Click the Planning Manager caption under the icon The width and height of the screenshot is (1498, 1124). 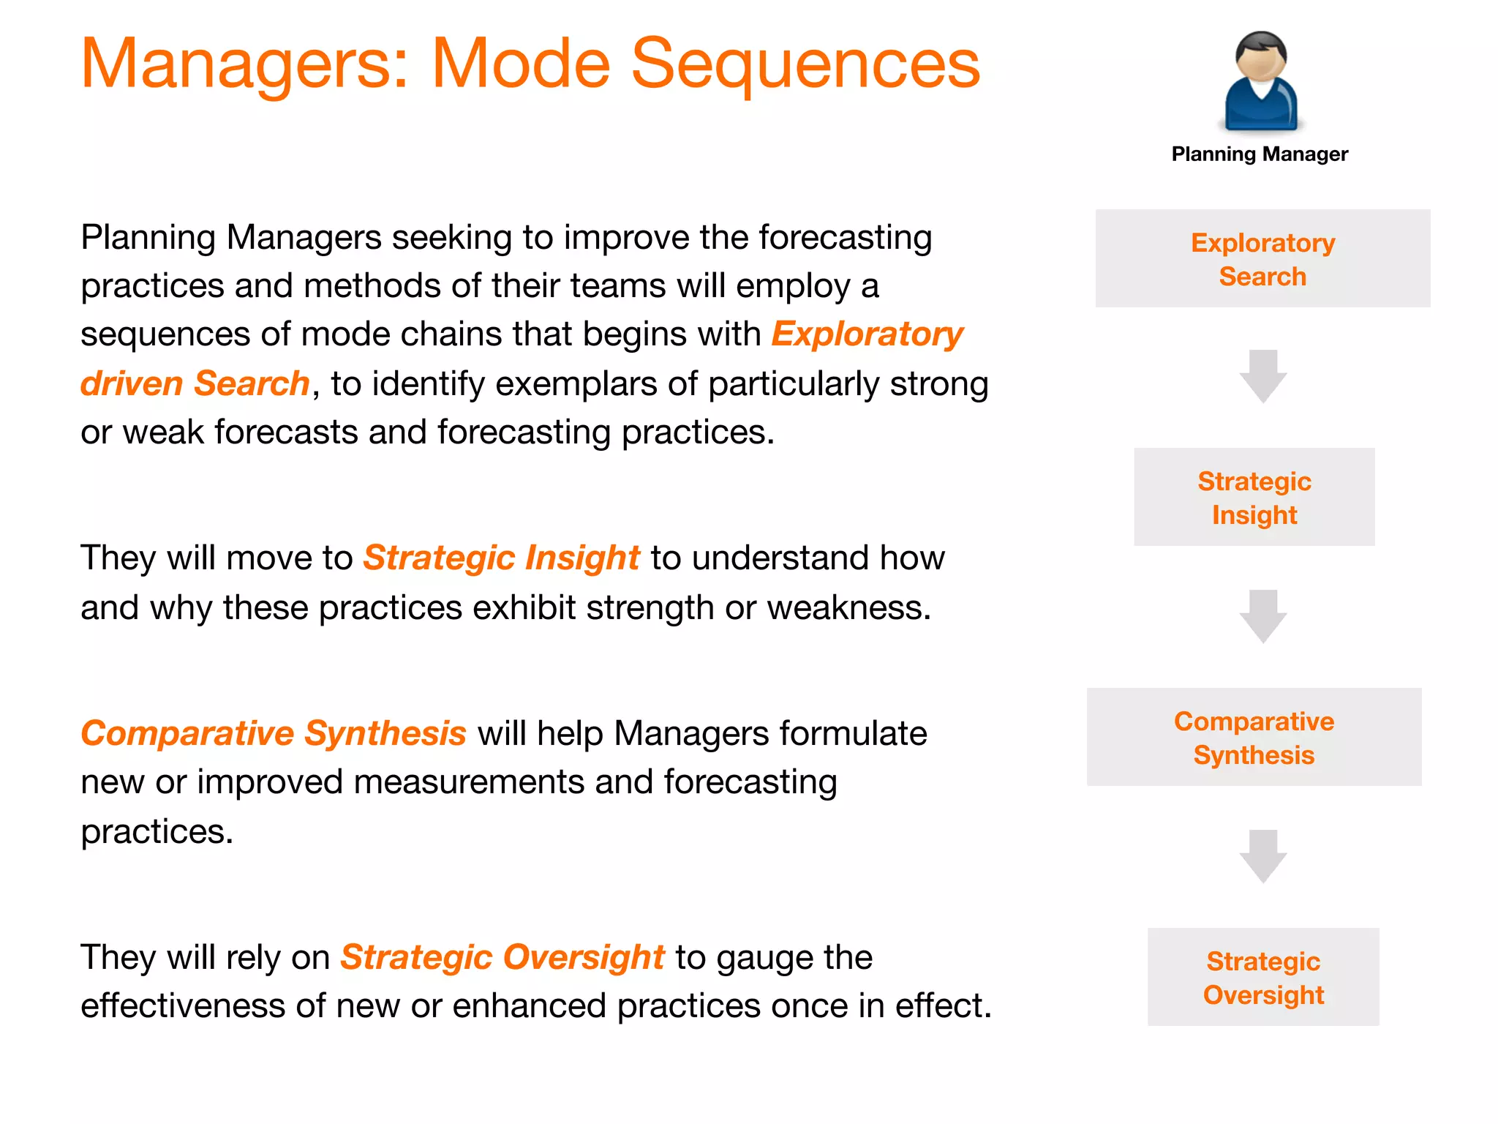click(x=1260, y=154)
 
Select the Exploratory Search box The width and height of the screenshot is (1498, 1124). click(x=1262, y=259)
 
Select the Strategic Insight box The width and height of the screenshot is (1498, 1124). click(x=1254, y=498)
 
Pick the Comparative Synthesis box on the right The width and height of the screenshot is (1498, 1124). click(x=1254, y=738)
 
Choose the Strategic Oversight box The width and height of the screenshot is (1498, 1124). click(x=1263, y=978)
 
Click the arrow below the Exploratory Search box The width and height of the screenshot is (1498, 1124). click(x=1263, y=376)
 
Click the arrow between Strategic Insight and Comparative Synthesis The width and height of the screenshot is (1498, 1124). click(x=1263, y=616)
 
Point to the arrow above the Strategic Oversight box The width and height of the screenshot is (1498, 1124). click(x=1263, y=856)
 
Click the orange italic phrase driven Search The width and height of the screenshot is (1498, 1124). click(x=195, y=383)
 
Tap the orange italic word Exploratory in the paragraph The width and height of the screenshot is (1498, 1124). click(x=867, y=334)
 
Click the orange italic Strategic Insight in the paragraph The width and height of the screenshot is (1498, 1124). click(x=502, y=558)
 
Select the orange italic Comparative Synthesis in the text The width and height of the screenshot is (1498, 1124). click(x=274, y=733)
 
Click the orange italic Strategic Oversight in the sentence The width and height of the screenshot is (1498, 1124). click(x=503, y=957)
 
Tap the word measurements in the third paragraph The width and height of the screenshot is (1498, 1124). click(x=468, y=782)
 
